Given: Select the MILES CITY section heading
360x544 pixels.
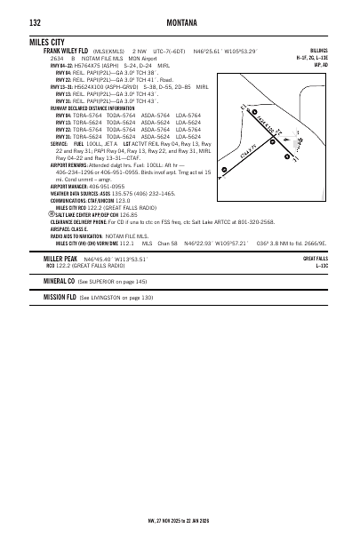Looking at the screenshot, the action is [x=50, y=42].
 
